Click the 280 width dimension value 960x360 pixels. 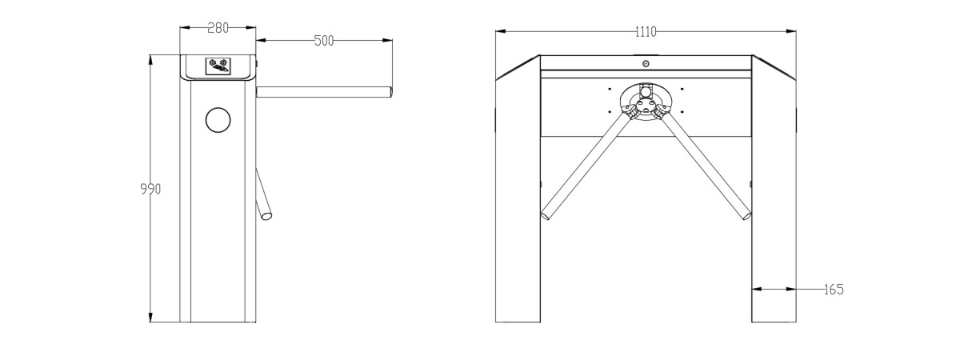[218, 28]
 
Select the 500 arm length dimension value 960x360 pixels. [324, 41]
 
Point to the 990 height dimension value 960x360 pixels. [150, 189]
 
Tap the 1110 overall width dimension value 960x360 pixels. [646, 32]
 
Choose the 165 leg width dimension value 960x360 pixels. [834, 290]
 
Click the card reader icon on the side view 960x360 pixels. [218, 66]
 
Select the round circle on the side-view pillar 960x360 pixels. [218, 120]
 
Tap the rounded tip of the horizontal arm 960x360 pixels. [390, 92]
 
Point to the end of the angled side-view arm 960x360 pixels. [266, 215]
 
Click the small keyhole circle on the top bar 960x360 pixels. [646, 64]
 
